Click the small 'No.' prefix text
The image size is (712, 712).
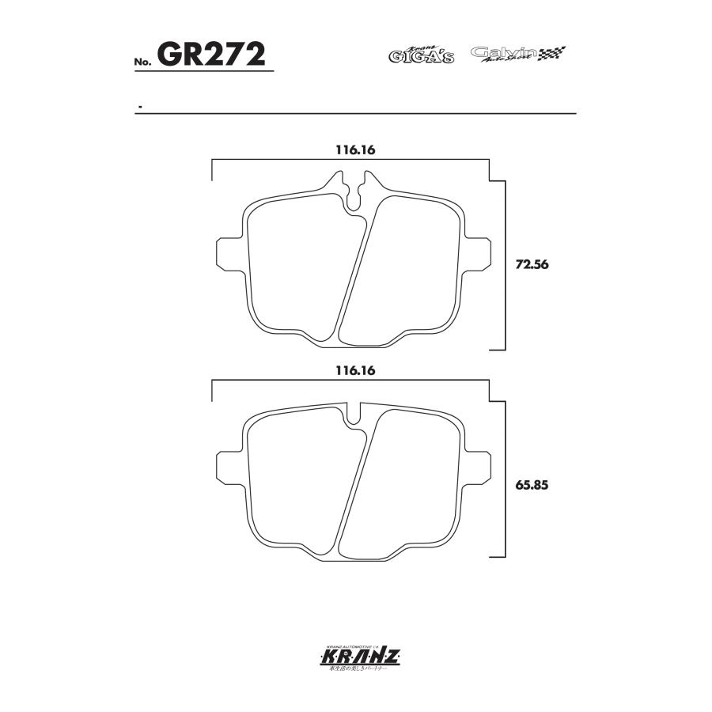click(x=142, y=62)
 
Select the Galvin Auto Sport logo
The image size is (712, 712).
click(x=504, y=54)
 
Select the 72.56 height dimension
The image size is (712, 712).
click(x=532, y=265)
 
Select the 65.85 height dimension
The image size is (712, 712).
click(x=532, y=485)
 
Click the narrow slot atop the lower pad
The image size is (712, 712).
click(x=354, y=413)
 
